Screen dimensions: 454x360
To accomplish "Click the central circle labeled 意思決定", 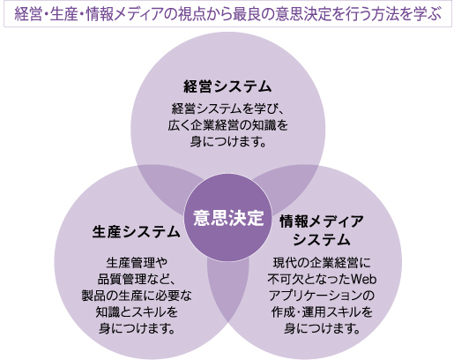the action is click(228, 218).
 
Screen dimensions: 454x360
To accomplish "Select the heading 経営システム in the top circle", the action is click(227, 86).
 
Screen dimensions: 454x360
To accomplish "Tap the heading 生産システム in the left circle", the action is click(136, 232).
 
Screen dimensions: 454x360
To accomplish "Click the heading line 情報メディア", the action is click(322, 221).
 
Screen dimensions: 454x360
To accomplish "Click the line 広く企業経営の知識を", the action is click(227, 125).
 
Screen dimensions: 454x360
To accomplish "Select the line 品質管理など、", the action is click(136, 279).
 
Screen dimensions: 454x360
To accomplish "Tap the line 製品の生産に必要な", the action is click(137, 296).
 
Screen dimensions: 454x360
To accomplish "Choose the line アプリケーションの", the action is click(322, 296).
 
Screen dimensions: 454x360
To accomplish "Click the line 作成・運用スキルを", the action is click(322, 311).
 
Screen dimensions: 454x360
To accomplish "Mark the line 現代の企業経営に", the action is click(322, 263).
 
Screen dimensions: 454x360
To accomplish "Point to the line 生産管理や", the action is click(137, 263).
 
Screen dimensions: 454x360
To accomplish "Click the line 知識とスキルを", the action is click(137, 311).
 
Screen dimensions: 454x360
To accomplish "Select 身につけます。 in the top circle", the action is click(228, 141).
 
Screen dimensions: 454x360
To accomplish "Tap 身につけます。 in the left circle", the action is click(137, 328).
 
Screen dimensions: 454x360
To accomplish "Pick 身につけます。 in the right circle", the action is click(322, 328).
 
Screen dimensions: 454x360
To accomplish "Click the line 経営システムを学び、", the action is click(227, 109).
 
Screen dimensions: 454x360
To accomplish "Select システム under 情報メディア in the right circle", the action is click(322, 240).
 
